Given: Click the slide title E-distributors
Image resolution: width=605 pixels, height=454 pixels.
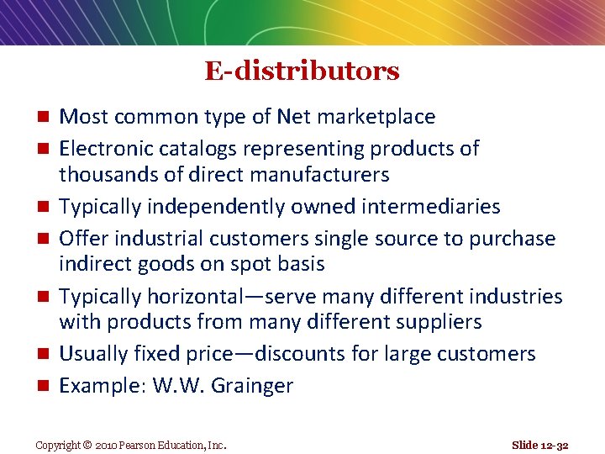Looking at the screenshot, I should (x=302, y=71).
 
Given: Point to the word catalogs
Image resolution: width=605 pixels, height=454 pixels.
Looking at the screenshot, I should (x=198, y=149).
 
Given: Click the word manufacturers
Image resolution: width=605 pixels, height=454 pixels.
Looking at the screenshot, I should (x=318, y=175).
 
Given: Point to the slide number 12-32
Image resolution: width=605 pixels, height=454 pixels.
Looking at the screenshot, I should (x=553, y=445).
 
